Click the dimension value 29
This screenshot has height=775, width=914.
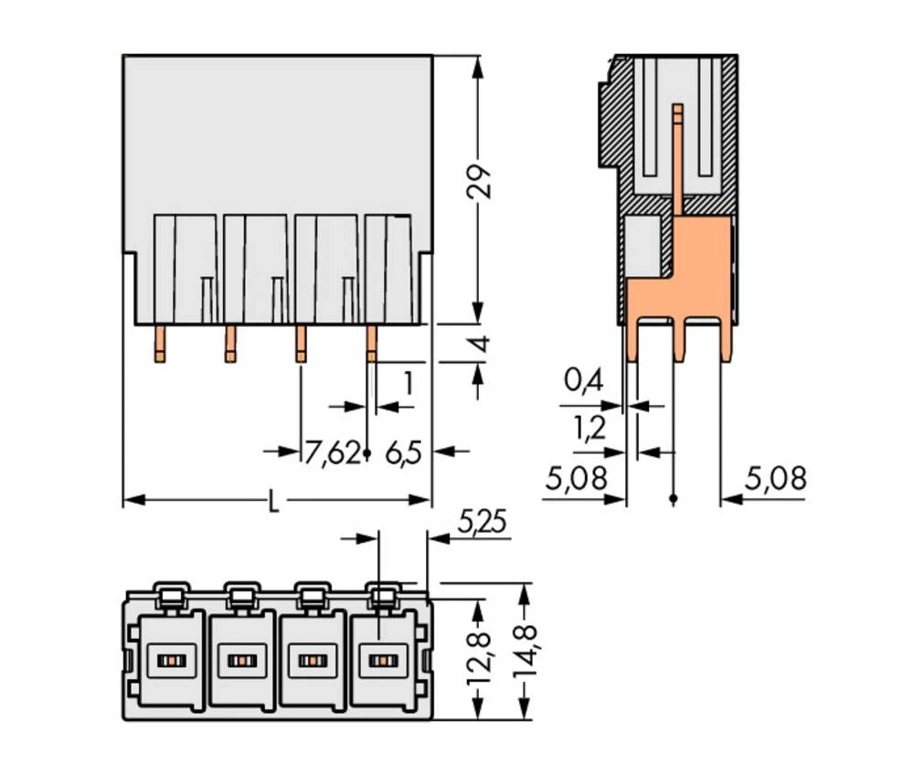[x=481, y=182]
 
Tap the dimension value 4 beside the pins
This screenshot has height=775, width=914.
[x=481, y=345]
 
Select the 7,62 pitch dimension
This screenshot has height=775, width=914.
[x=332, y=451]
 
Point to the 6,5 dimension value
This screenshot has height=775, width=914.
[x=402, y=451]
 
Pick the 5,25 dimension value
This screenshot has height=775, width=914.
[x=480, y=523]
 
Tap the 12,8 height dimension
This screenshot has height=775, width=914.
[x=481, y=657]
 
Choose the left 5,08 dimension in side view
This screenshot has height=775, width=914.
[x=576, y=478]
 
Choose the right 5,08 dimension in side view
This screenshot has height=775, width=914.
[x=775, y=478]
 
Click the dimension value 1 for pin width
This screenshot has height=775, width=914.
[x=408, y=383]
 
